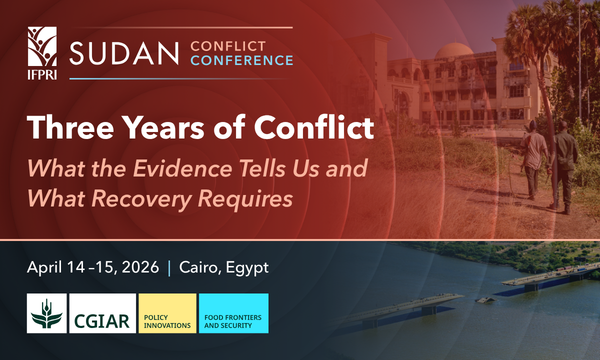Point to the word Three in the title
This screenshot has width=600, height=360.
(x=69, y=128)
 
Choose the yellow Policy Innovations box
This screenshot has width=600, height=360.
(x=166, y=314)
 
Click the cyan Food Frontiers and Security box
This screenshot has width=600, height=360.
(x=233, y=314)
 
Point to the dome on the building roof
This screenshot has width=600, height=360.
(x=464, y=52)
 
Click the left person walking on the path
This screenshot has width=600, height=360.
(x=536, y=150)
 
